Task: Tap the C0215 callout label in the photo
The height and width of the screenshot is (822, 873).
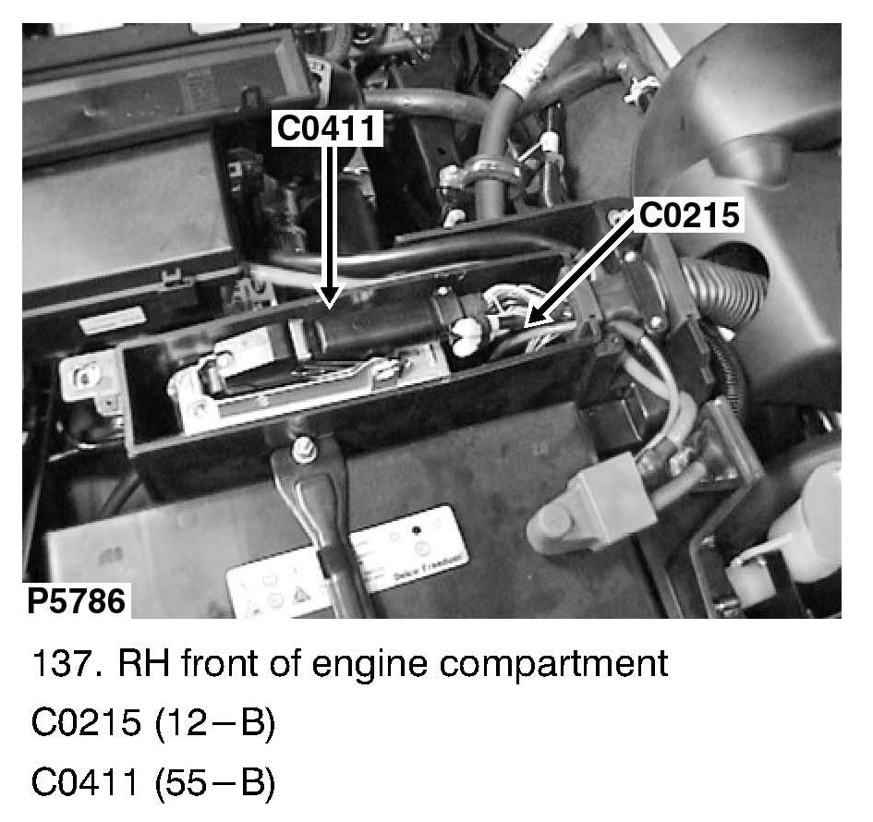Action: point(690,215)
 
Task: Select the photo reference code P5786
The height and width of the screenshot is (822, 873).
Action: point(76,601)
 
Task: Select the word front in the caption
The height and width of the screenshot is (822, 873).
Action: point(224,664)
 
